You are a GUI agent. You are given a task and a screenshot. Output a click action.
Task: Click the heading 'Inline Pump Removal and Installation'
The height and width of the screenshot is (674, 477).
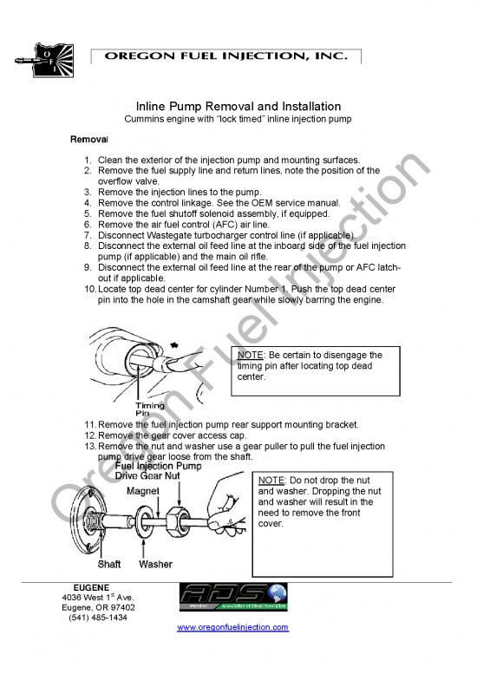(x=238, y=106)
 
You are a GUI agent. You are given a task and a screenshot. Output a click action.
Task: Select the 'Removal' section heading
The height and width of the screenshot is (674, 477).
(x=88, y=139)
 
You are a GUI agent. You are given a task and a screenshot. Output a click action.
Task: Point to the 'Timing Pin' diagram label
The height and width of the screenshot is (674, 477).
(x=150, y=409)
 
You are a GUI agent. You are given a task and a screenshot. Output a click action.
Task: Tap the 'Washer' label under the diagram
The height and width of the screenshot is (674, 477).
(x=155, y=564)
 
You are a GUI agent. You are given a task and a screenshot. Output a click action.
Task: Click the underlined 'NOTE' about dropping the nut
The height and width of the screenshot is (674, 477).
(x=272, y=480)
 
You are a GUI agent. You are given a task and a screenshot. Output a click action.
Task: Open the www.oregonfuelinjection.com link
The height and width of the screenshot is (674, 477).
(x=232, y=627)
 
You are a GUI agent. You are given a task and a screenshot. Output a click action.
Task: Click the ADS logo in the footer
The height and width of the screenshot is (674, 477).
(x=232, y=596)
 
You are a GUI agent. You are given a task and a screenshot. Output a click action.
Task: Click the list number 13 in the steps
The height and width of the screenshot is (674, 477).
(x=89, y=446)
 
